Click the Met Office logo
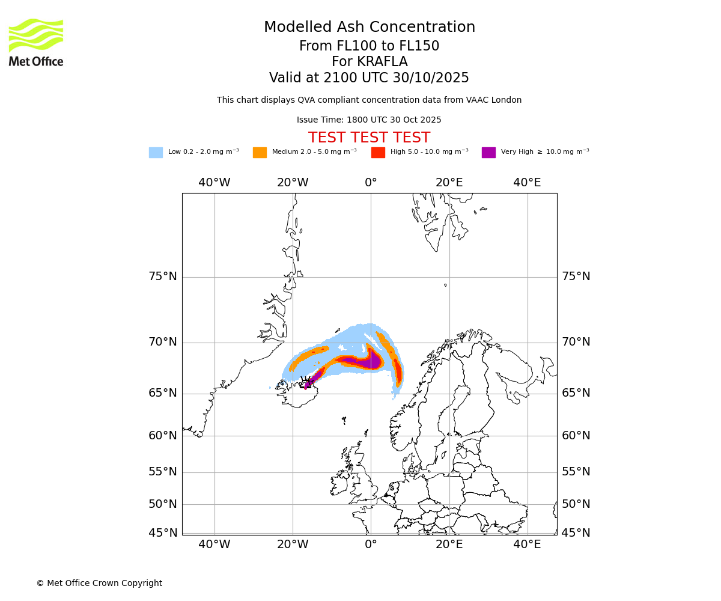(36, 42)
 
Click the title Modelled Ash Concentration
(369, 28)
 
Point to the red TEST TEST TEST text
(369, 138)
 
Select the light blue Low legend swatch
(156, 153)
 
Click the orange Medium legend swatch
(260, 153)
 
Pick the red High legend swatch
(378, 153)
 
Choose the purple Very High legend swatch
(488, 153)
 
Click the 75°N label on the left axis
(163, 276)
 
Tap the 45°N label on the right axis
(576, 533)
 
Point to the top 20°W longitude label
(293, 183)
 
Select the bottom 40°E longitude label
(527, 545)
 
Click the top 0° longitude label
(371, 183)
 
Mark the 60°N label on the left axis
(163, 436)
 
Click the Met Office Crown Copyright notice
(99, 584)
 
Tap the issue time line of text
(369, 120)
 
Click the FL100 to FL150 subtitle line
(369, 46)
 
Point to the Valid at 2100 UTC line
(369, 78)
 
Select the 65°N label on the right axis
(576, 393)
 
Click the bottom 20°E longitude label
(449, 545)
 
